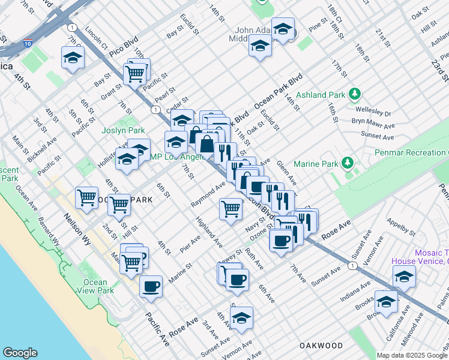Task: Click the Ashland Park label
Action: [320, 95]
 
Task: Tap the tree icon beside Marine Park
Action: [347, 163]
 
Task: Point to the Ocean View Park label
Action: [95, 286]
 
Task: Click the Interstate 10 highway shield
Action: [28, 43]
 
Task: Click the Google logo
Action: [20, 353]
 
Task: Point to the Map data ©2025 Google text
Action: [412, 355]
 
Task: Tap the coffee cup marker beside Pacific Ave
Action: [151, 286]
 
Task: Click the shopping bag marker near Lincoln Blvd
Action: [206, 145]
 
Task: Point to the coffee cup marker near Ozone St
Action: [280, 241]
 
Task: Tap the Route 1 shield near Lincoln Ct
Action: [72, 28]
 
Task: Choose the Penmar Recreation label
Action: [411, 153]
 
